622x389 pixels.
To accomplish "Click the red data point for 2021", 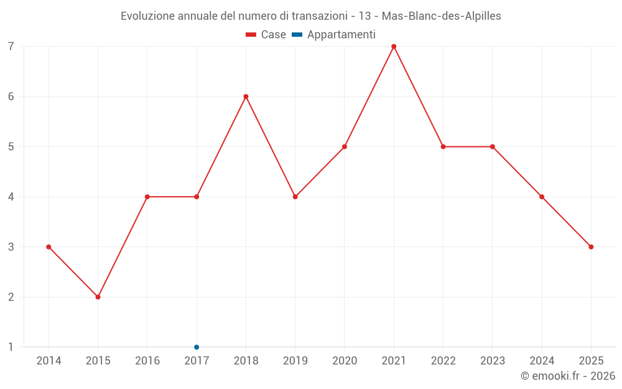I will coord(394,47).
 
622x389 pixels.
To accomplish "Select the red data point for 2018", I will coord(246,96).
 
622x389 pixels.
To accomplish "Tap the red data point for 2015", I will coord(98,297).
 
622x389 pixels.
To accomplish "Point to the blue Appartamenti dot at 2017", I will coord(197,347).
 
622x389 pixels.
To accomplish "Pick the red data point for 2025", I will coord(591,247).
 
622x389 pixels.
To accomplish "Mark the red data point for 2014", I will coord(49,247).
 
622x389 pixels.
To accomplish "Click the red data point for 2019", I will coord(295,197).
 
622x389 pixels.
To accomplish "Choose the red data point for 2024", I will coord(542,197).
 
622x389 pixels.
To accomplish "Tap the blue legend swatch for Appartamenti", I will coord(297,35).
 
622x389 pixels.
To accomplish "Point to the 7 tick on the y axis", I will coord(11,47).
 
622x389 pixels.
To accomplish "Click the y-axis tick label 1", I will coord(11,347).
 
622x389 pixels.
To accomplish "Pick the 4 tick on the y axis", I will coord(11,197).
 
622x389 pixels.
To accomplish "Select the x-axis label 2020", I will coord(345,361).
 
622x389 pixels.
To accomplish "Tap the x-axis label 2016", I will coord(147,361).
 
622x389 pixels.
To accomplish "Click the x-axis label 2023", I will coord(493,361).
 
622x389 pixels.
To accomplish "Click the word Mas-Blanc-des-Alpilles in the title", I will coord(441,16).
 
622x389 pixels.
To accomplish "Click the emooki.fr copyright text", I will coord(568,376).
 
